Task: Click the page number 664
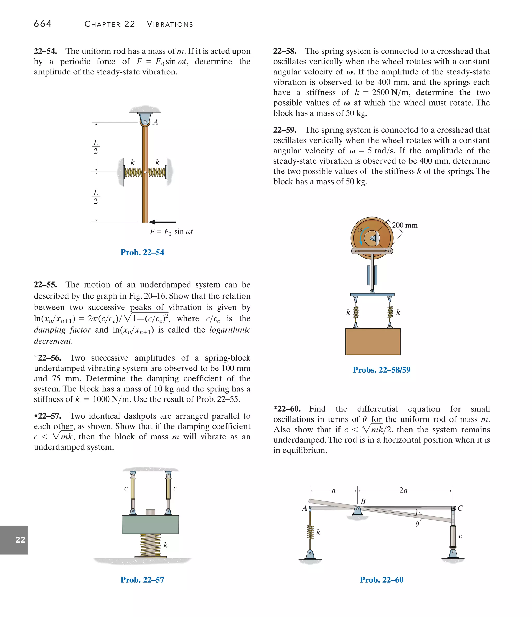[x=43, y=24]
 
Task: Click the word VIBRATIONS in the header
[x=170, y=24]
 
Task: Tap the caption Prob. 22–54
[x=142, y=252]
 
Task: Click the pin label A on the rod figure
[x=155, y=122]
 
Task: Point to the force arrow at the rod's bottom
[x=162, y=222]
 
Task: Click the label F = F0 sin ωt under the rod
[x=171, y=232]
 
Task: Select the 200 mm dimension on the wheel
[x=404, y=225]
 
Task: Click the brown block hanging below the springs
[x=373, y=342]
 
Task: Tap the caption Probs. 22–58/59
[x=382, y=370]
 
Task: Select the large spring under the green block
[x=150, y=545]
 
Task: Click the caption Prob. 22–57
[x=142, y=580]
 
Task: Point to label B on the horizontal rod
[x=363, y=501]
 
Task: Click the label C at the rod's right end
[x=460, y=508]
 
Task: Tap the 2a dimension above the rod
[x=403, y=490]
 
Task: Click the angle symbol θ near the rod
[x=417, y=524]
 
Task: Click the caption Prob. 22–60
[x=382, y=580]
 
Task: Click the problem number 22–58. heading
[x=285, y=51]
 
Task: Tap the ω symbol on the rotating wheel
[x=360, y=229]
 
